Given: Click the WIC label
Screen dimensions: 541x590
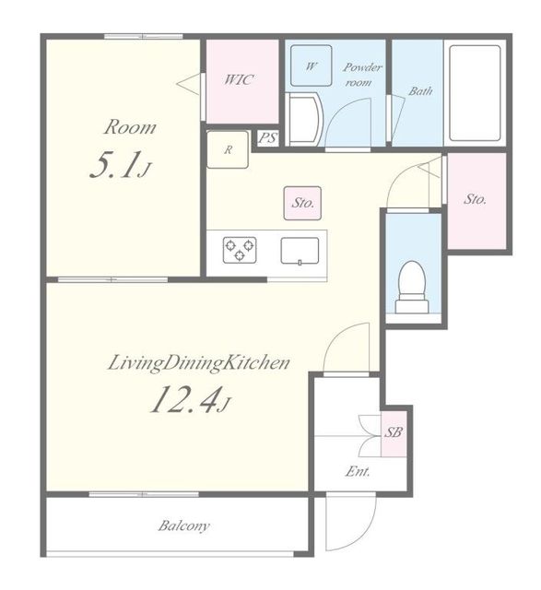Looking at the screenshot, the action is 239,80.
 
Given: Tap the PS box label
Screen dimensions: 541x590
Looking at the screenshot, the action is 268,138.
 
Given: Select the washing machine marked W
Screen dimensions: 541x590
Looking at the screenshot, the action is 312,65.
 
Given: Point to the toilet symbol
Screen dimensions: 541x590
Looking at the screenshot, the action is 413,287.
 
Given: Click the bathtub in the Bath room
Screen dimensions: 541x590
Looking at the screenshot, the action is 475,93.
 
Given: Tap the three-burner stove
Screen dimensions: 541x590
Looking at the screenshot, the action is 240,250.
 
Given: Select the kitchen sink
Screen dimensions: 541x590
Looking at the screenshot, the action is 300,251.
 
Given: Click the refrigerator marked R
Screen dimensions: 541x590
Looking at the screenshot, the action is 228,149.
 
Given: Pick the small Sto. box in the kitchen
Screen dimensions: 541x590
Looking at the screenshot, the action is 302,203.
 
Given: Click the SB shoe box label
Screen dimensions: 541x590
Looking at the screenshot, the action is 394,432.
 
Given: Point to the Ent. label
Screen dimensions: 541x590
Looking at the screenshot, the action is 358,471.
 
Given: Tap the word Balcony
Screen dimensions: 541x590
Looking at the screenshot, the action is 184,526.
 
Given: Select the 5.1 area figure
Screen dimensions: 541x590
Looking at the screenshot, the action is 120,165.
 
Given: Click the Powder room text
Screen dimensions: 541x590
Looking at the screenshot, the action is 361,75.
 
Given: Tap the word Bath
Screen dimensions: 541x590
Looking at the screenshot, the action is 420,90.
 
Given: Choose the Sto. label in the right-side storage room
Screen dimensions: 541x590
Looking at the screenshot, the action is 475,199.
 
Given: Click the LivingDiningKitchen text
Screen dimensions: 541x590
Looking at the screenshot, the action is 199,364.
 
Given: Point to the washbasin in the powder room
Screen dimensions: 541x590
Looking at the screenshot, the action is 304,120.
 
